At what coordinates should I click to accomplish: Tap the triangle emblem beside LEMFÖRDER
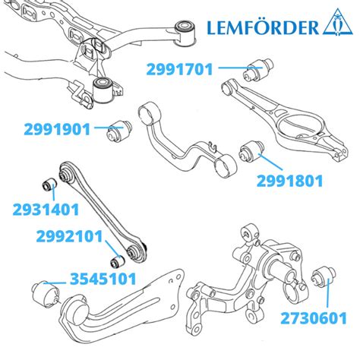(x=337, y=23)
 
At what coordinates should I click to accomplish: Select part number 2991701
(x=179, y=69)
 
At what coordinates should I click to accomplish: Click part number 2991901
(x=57, y=129)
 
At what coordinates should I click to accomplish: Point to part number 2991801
(x=290, y=181)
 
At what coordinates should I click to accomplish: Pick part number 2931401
(x=46, y=210)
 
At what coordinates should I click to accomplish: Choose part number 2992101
(x=69, y=236)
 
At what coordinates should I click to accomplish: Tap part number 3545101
(x=103, y=279)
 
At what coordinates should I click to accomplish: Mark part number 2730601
(x=314, y=318)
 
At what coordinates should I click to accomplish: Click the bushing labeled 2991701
(x=258, y=69)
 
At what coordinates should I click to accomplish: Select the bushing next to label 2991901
(x=119, y=131)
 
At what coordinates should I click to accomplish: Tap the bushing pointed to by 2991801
(x=252, y=152)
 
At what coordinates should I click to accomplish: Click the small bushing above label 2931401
(x=49, y=185)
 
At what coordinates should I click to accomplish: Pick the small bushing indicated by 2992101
(x=118, y=261)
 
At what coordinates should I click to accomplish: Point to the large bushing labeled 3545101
(x=46, y=294)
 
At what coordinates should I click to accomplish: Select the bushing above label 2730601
(x=324, y=276)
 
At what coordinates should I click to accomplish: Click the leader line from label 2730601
(x=327, y=293)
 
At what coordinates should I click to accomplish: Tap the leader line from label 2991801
(x=270, y=162)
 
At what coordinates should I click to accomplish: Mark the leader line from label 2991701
(x=240, y=68)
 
